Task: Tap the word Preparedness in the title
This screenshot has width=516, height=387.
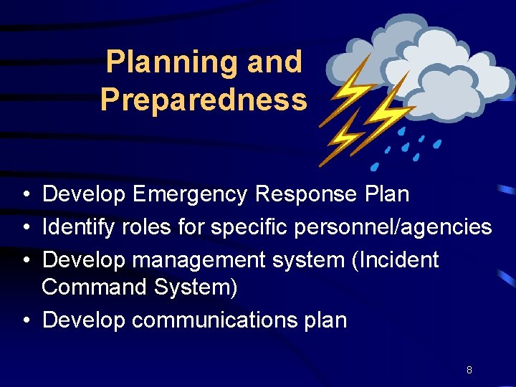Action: [x=204, y=100]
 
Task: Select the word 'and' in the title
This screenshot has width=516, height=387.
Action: [x=274, y=62]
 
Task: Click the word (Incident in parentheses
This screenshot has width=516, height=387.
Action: [x=393, y=259]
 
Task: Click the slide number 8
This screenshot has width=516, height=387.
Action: [x=469, y=370]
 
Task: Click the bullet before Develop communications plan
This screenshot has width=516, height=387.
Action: [x=25, y=320]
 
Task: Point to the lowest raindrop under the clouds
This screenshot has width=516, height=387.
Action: [x=374, y=167]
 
